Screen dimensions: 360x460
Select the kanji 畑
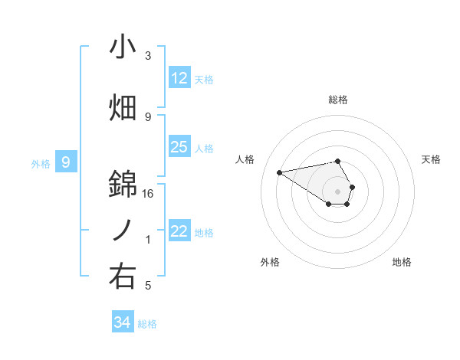click(x=123, y=108)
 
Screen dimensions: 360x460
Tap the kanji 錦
click(x=123, y=184)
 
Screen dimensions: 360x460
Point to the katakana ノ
click(x=123, y=231)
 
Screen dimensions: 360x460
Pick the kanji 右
click(x=123, y=277)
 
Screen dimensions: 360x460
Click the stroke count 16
click(x=148, y=194)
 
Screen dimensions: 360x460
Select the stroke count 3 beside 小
click(x=148, y=56)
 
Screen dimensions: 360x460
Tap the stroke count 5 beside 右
click(x=148, y=286)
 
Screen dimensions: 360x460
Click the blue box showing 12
click(x=179, y=77)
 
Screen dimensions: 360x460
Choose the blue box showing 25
click(x=179, y=146)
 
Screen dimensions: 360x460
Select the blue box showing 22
click(x=179, y=231)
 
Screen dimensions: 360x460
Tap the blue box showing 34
click(x=123, y=322)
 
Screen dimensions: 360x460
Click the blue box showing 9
click(x=66, y=162)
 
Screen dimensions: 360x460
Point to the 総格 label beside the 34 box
click(x=147, y=324)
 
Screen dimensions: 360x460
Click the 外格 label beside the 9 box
click(x=41, y=163)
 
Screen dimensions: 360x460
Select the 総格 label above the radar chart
click(x=338, y=100)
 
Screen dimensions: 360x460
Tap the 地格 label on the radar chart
click(x=402, y=262)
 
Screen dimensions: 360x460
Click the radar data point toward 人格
click(x=279, y=172)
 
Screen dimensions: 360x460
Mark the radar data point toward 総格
click(x=338, y=161)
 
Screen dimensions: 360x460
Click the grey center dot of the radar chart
click(x=338, y=191)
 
